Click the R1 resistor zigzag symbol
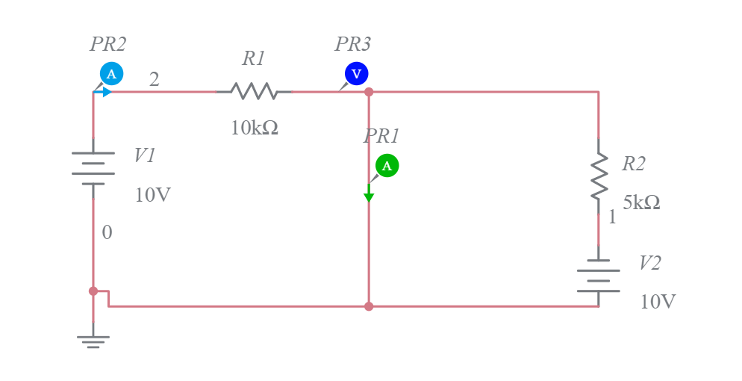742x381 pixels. (254, 92)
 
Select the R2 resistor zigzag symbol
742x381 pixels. (599, 176)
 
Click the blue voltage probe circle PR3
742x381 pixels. (356, 73)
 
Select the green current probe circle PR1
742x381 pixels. (387, 166)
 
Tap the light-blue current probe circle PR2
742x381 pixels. (111, 73)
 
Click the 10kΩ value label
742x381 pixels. (254, 128)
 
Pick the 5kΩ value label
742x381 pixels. (641, 202)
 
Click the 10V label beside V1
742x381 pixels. (153, 196)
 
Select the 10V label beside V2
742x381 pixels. (658, 302)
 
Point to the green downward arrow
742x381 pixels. (369, 196)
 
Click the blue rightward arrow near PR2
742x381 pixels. (107, 92)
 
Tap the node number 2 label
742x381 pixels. (154, 79)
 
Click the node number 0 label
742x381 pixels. (107, 232)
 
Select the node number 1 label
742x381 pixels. (612, 217)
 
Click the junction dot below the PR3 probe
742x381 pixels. (369, 92)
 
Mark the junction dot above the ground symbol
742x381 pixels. (93, 291)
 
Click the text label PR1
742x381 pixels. (381, 136)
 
